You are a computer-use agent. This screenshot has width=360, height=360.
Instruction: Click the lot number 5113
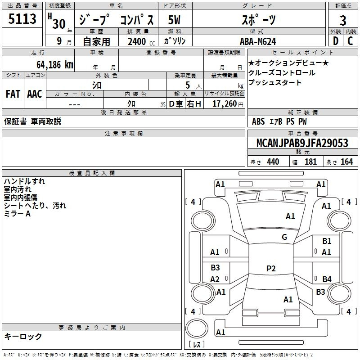[22, 18]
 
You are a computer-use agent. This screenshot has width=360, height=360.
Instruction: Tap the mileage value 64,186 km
[55, 65]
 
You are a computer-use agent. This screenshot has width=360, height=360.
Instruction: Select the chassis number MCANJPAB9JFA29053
[302, 143]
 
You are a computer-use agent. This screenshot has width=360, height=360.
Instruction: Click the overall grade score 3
[343, 20]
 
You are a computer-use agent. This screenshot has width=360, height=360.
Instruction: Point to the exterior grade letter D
[336, 41]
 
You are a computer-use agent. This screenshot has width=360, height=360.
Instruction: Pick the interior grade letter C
[350, 41]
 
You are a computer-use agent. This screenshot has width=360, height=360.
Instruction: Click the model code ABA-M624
[258, 41]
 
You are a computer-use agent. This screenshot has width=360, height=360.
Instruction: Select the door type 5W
[174, 20]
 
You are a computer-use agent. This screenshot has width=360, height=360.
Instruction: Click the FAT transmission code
[13, 94]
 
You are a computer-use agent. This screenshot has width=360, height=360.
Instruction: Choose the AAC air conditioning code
[35, 94]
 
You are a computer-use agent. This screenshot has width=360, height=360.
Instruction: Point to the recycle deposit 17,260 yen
[228, 104]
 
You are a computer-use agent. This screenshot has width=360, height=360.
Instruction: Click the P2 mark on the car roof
[271, 268]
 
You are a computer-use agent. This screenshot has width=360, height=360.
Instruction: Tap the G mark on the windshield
[284, 237]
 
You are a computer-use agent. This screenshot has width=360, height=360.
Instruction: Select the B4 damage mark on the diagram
[327, 279]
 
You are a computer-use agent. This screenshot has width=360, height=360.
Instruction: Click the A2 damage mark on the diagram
[215, 279]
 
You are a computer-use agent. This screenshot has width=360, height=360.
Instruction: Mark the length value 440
[273, 162]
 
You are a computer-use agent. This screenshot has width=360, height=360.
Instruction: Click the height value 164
[346, 162]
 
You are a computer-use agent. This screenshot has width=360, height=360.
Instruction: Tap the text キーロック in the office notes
[23, 336]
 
